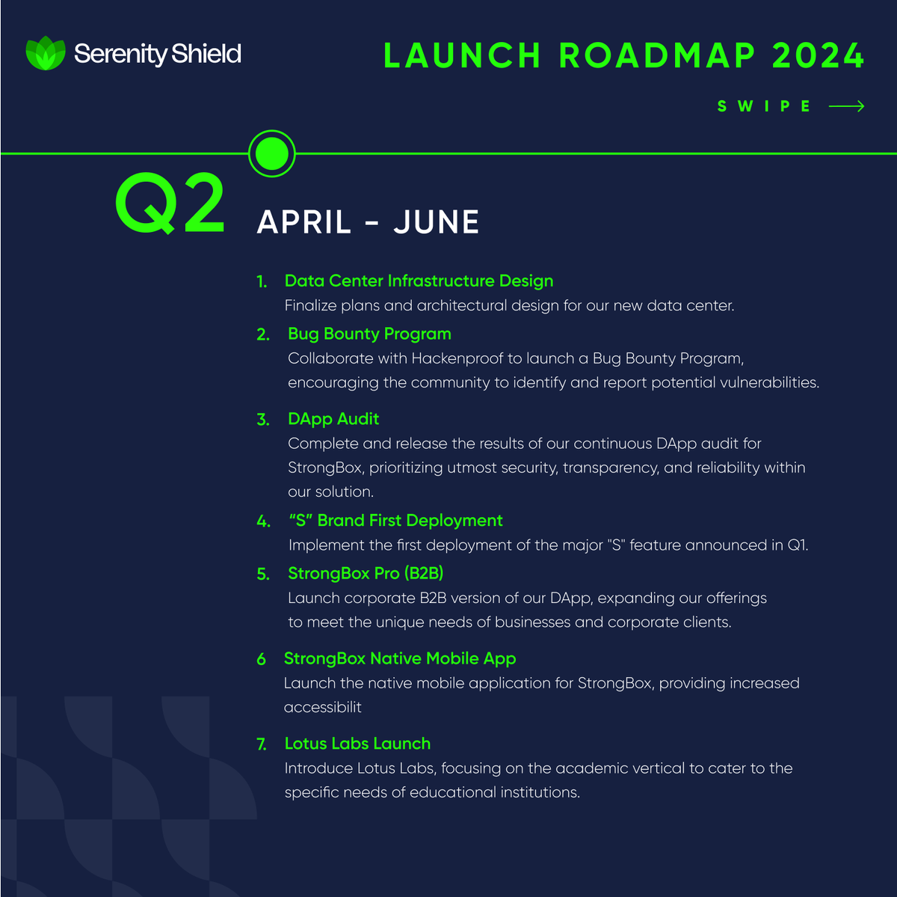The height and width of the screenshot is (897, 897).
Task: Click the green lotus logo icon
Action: tap(46, 53)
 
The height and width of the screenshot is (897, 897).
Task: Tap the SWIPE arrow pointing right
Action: tap(846, 106)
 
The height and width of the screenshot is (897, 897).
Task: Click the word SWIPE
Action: tap(764, 106)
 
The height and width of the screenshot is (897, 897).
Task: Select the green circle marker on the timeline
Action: tap(272, 153)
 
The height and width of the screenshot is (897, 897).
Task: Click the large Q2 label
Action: tap(170, 203)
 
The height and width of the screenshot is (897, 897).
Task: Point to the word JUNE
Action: tap(437, 222)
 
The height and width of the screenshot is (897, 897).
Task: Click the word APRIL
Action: tap(303, 222)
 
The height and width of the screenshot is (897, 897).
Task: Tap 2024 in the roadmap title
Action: tap(819, 56)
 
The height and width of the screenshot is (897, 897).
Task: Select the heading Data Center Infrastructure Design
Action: tap(419, 281)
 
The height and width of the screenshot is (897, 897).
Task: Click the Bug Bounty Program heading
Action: tap(369, 334)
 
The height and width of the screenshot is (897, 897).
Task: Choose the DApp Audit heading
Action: tap(333, 419)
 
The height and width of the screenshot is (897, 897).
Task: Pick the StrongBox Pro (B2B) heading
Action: tap(366, 573)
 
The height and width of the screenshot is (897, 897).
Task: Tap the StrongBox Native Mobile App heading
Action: tap(400, 658)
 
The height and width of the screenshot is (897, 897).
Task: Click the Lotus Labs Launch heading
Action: tap(357, 744)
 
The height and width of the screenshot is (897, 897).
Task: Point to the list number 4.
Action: tap(263, 521)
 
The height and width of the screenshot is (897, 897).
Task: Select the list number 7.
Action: tap(262, 744)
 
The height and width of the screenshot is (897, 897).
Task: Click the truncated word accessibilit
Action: tap(322, 707)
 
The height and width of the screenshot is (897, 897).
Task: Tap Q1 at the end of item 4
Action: tap(797, 545)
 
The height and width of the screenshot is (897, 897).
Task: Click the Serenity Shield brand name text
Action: tap(158, 54)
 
